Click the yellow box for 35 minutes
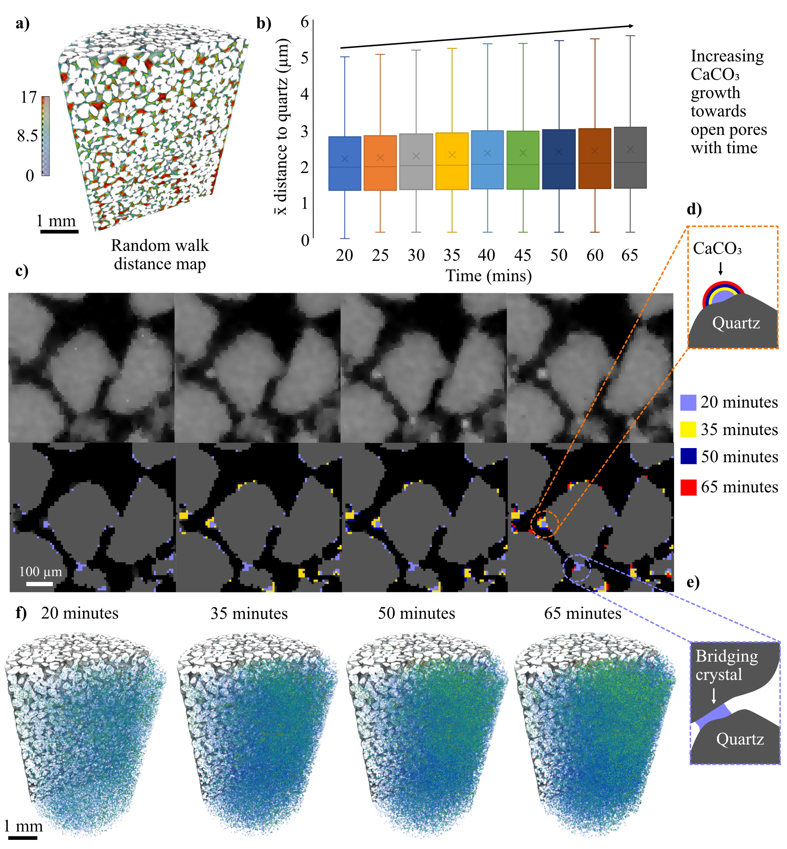[452, 161]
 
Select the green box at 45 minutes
[523, 160]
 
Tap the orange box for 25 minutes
[380, 163]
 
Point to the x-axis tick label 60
[595, 255]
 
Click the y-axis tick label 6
[305, 22]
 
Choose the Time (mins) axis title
[488, 276]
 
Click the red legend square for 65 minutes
[688, 487]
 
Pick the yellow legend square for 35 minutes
[688, 429]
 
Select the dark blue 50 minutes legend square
[688, 456]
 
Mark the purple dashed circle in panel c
[577, 568]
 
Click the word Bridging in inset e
[726, 656]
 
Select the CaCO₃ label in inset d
[717, 249]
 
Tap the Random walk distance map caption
[160, 255]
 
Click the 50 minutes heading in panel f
[417, 614]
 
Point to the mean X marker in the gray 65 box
[630, 149]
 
